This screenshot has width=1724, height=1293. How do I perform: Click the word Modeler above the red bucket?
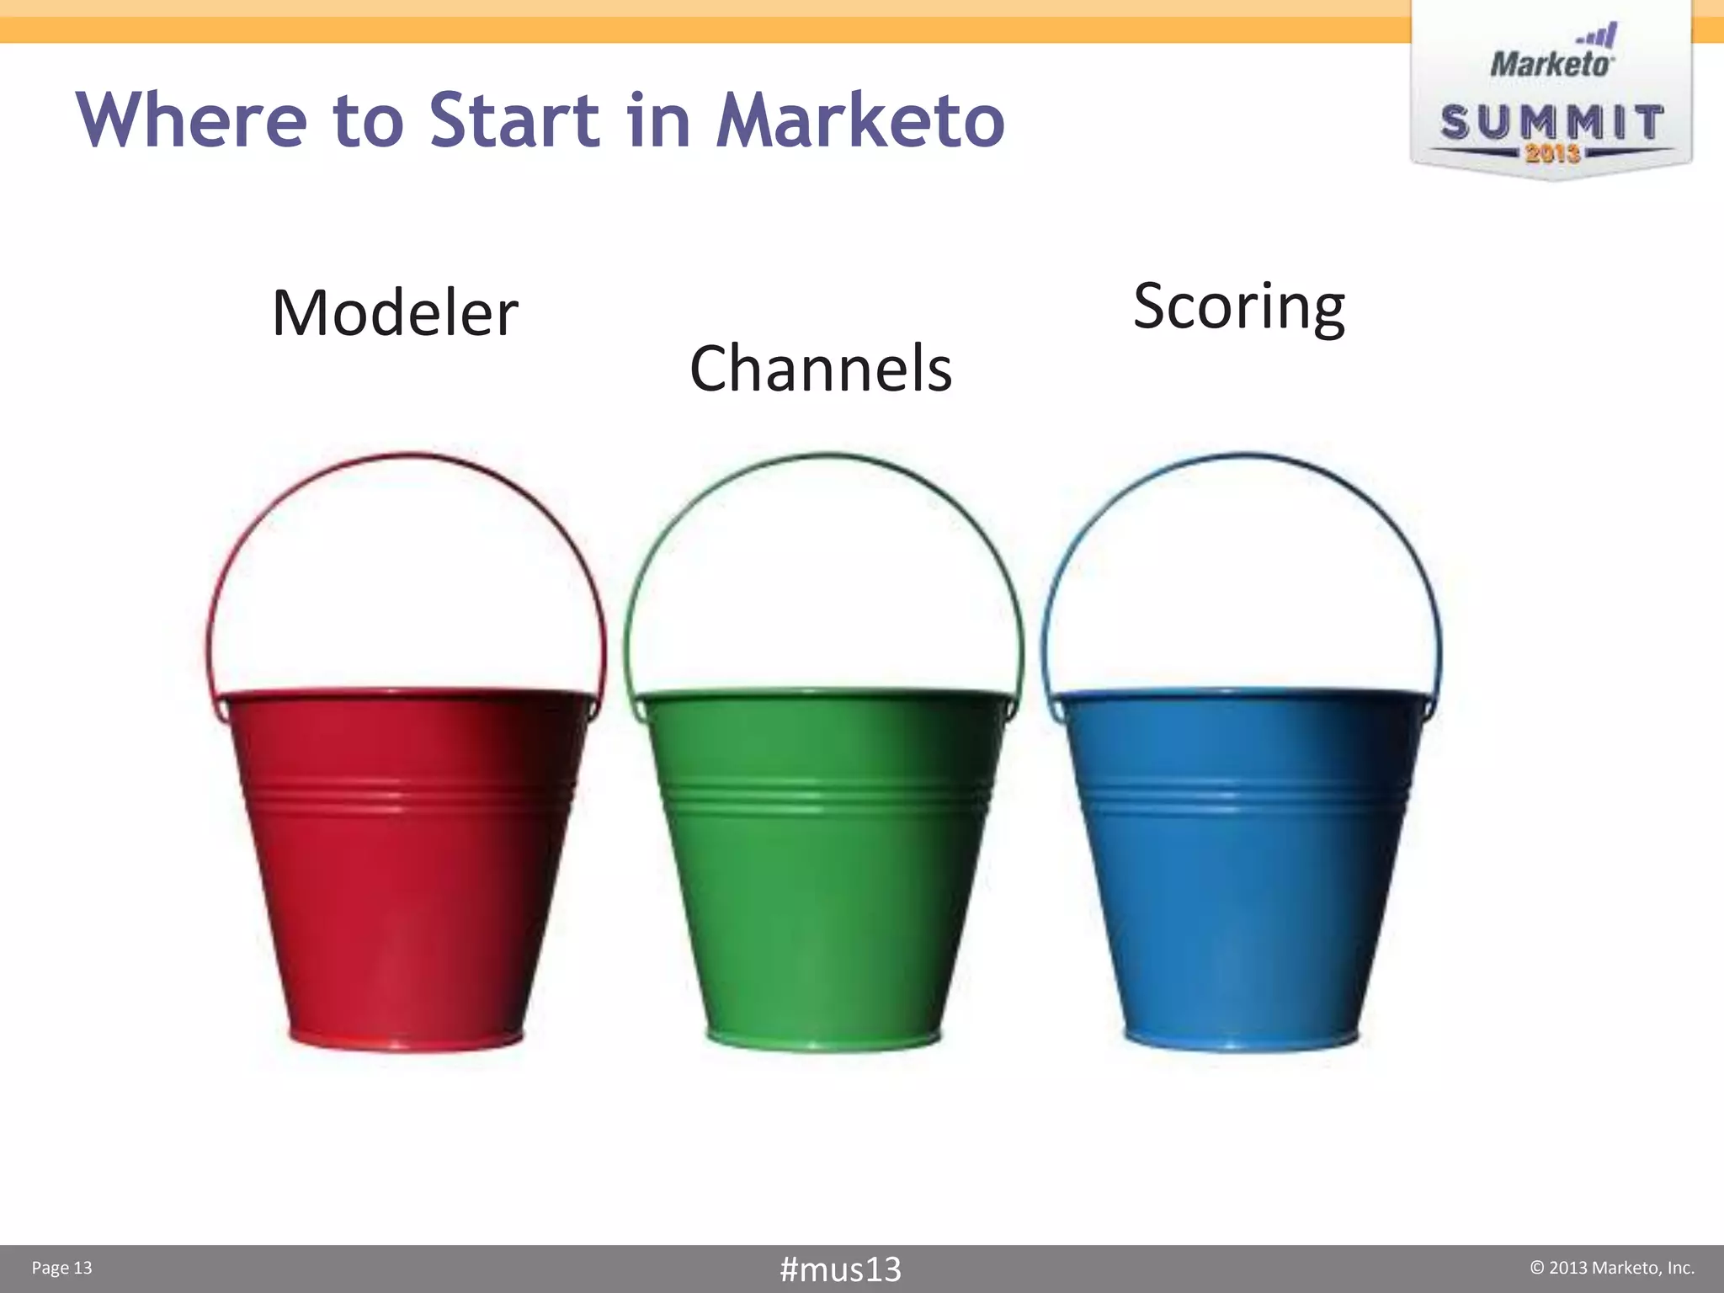pyautogui.click(x=395, y=313)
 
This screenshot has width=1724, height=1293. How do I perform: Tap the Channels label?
pyautogui.click(x=821, y=369)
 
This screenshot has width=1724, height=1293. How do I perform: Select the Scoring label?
pyautogui.click(x=1238, y=307)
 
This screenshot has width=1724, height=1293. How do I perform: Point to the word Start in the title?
pyautogui.click(x=513, y=120)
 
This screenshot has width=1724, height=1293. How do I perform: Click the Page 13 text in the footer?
pyautogui.click(x=61, y=1269)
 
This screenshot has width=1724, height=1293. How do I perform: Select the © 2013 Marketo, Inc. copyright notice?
pyautogui.click(x=1611, y=1268)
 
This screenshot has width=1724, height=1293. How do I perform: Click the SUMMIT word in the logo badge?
pyautogui.click(x=1551, y=123)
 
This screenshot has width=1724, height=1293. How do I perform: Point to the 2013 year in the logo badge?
pyautogui.click(x=1551, y=153)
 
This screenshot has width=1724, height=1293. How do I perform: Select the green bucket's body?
pyautogui.click(x=821, y=901)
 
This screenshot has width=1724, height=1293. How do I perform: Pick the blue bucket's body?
pyautogui.click(x=1237, y=901)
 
